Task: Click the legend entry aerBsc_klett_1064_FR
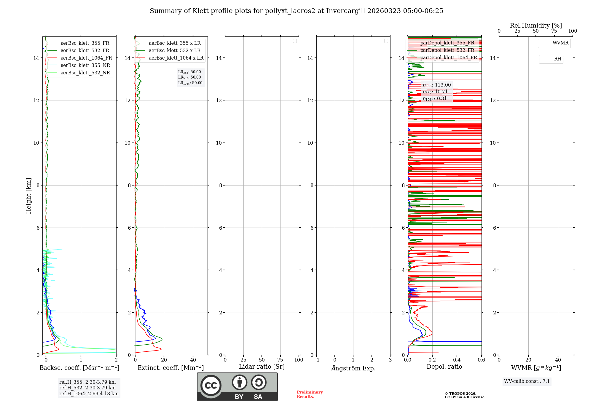coord(86,58)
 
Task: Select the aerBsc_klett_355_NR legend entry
coord(85,65)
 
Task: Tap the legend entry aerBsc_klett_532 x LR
coord(174,51)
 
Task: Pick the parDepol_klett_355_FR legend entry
coord(447,43)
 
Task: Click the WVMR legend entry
coord(560,43)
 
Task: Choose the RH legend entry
coord(557,59)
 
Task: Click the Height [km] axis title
coord(28,196)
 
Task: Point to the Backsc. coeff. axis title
coord(79,368)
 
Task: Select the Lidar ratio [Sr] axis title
coord(262,367)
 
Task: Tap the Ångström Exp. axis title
coord(353,368)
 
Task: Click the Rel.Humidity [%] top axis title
coord(536,25)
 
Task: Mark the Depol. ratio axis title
coord(444,367)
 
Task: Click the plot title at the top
coord(296,11)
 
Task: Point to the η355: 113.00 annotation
coord(436,85)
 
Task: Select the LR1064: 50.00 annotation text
coord(190,83)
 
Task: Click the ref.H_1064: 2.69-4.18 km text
coord(89,394)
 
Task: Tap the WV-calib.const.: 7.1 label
coord(527,381)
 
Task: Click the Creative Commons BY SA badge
coord(237,386)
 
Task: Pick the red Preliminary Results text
coord(310,394)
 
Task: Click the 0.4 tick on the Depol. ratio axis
coord(457,360)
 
